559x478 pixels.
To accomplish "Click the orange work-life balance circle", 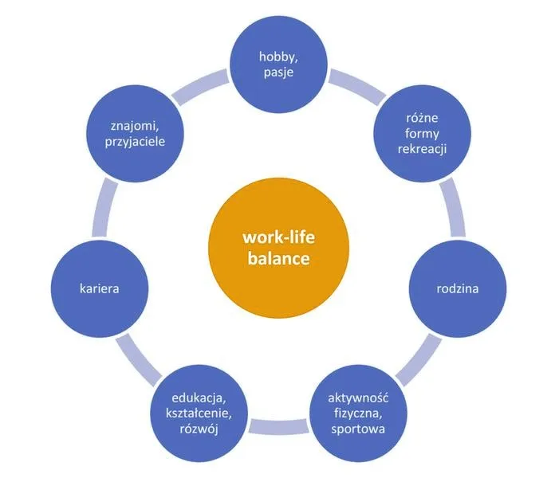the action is pos(278,248).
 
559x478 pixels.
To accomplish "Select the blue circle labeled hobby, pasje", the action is pos(278,65).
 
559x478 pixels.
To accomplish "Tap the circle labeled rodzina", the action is pos(458,288).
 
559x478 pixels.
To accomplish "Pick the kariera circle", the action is pos(100,288).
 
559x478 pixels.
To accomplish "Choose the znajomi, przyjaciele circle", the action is pos(135,134).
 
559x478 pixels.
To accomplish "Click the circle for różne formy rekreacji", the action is pos(422,134).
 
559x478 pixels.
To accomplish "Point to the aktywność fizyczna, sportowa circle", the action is pos(358,413).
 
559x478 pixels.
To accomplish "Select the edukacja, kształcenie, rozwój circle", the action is pos(199,413).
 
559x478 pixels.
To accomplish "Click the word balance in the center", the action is pos(278,258).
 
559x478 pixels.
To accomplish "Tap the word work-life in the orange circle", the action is pos(279,237).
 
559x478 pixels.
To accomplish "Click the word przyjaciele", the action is pos(135,142).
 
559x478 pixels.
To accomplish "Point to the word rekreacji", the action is pos(422,149).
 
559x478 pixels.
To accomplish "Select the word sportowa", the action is pos(358,429).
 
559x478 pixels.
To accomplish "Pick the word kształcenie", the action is pos(199,413).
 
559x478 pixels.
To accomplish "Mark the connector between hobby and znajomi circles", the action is pos(199,88).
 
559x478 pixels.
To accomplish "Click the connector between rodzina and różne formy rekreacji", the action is pos(453,209).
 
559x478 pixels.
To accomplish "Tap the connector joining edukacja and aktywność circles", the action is pos(279,427).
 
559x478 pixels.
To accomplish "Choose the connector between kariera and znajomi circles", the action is pos(104,208).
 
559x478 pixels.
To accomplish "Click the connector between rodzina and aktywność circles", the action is pos(419,360).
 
